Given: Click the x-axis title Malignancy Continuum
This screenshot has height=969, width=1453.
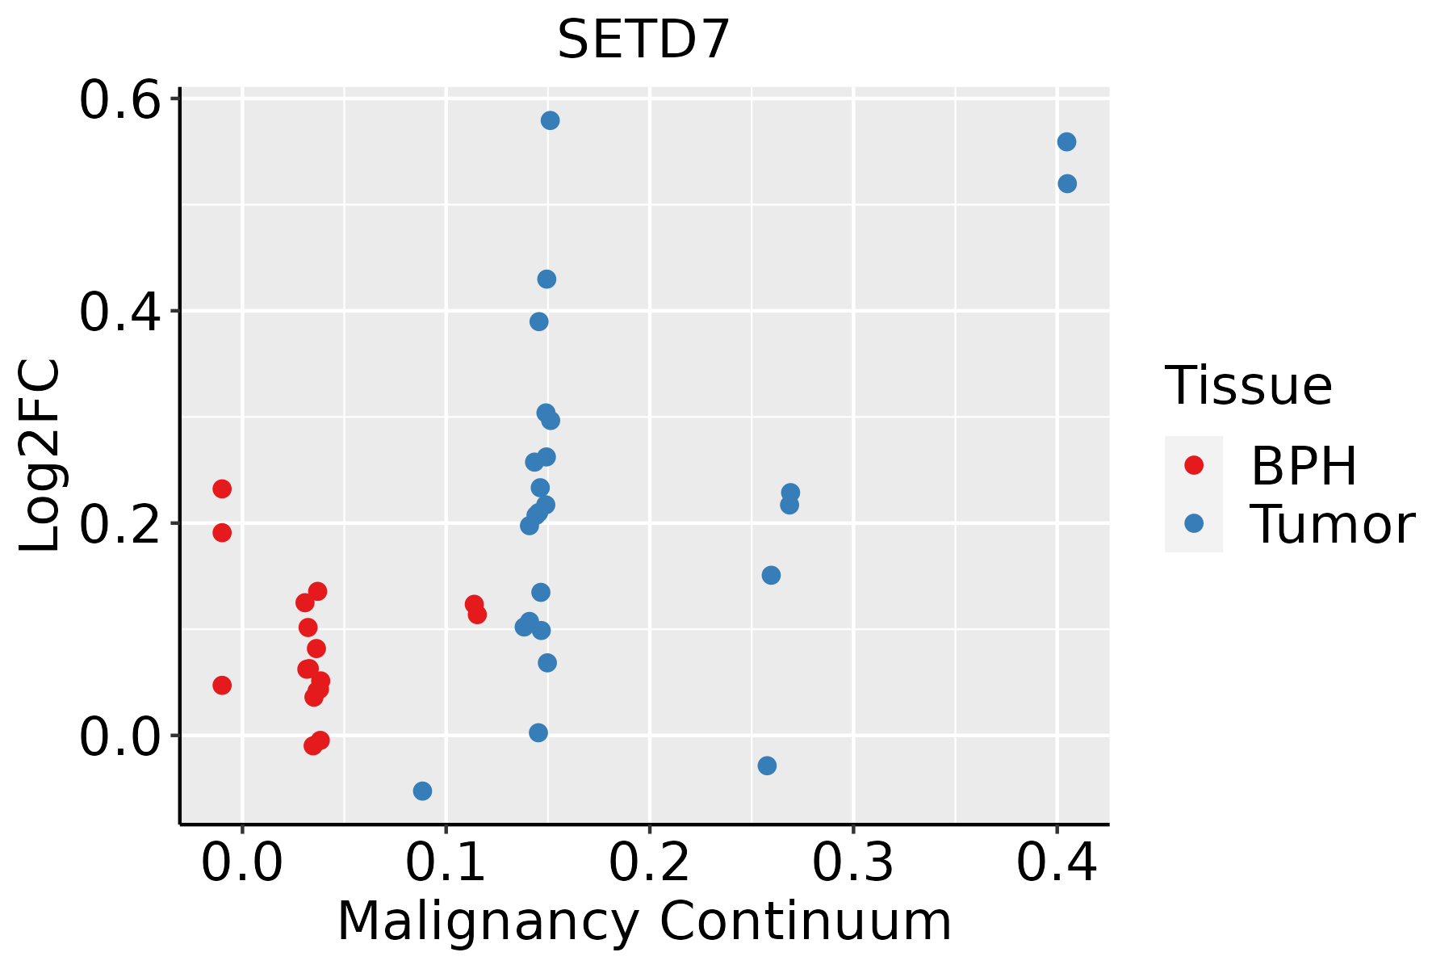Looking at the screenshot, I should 643,921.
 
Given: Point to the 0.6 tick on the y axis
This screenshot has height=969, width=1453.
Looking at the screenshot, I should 117,100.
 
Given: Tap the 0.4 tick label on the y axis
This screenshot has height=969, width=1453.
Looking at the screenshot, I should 117,312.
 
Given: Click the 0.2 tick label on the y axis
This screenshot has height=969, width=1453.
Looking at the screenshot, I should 117,523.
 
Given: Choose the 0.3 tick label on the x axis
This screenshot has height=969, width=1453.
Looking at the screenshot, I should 852,862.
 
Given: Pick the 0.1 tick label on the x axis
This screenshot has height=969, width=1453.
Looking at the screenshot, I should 446,862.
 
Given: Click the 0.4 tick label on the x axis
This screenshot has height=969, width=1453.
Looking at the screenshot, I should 1056,862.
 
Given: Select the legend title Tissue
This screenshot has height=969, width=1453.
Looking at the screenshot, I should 1249,385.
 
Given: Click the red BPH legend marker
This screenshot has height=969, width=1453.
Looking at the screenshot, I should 1193,465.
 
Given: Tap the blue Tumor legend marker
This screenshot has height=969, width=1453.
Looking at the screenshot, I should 1193,524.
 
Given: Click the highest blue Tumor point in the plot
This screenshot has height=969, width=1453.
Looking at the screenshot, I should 551,121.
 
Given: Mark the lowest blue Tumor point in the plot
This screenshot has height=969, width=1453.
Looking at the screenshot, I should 422,791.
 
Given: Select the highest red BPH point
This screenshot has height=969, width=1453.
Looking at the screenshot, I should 222,489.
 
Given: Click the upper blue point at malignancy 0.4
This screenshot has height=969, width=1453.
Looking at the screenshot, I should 1066,142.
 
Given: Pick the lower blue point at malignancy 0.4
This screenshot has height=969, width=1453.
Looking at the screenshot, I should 1067,184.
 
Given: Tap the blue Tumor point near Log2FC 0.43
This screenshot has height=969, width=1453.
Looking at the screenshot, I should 546,279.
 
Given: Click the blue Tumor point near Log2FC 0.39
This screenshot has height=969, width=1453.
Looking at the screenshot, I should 539,322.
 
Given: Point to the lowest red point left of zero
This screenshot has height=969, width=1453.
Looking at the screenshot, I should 222,686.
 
